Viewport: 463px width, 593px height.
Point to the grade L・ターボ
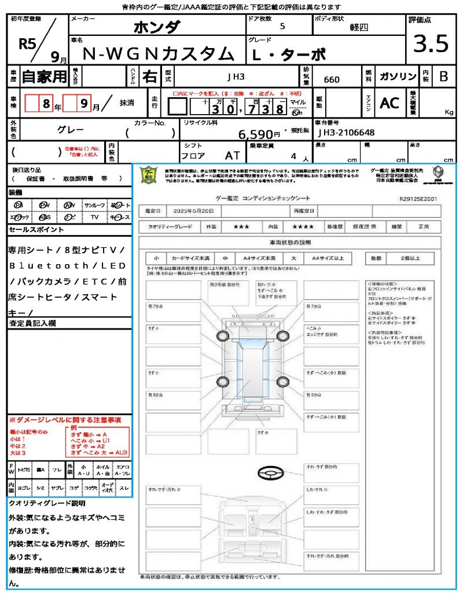pos(289,54)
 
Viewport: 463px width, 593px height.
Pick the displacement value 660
pos(332,80)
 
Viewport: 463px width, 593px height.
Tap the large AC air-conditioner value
pos(389,103)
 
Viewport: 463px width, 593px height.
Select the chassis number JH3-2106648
pos(347,133)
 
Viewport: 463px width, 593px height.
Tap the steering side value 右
pos(150,76)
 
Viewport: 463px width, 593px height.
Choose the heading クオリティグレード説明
pos(47,503)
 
